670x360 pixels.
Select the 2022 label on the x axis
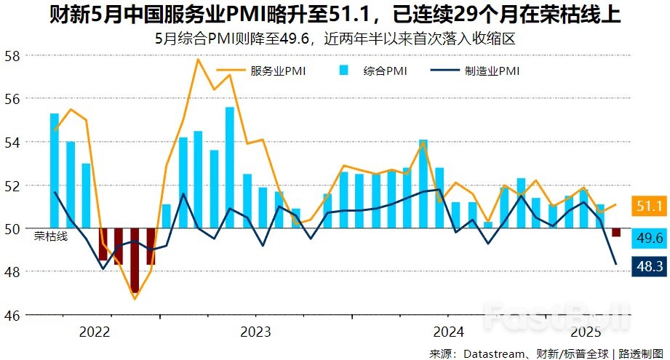pyautogui.click(x=95, y=332)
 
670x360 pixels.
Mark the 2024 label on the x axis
pyautogui.click(x=449, y=332)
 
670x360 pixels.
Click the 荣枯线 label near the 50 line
pyautogui.click(x=50, y=236)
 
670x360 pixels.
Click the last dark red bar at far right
pyautogui.click(x=615, y=233)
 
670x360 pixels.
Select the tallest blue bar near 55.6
pyautogui.click(x=230, y=167)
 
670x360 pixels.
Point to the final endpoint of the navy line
pyautogui.click(x=615, y=264)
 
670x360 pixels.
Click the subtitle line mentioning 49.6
pyautogui.click(x=335, y=39)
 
